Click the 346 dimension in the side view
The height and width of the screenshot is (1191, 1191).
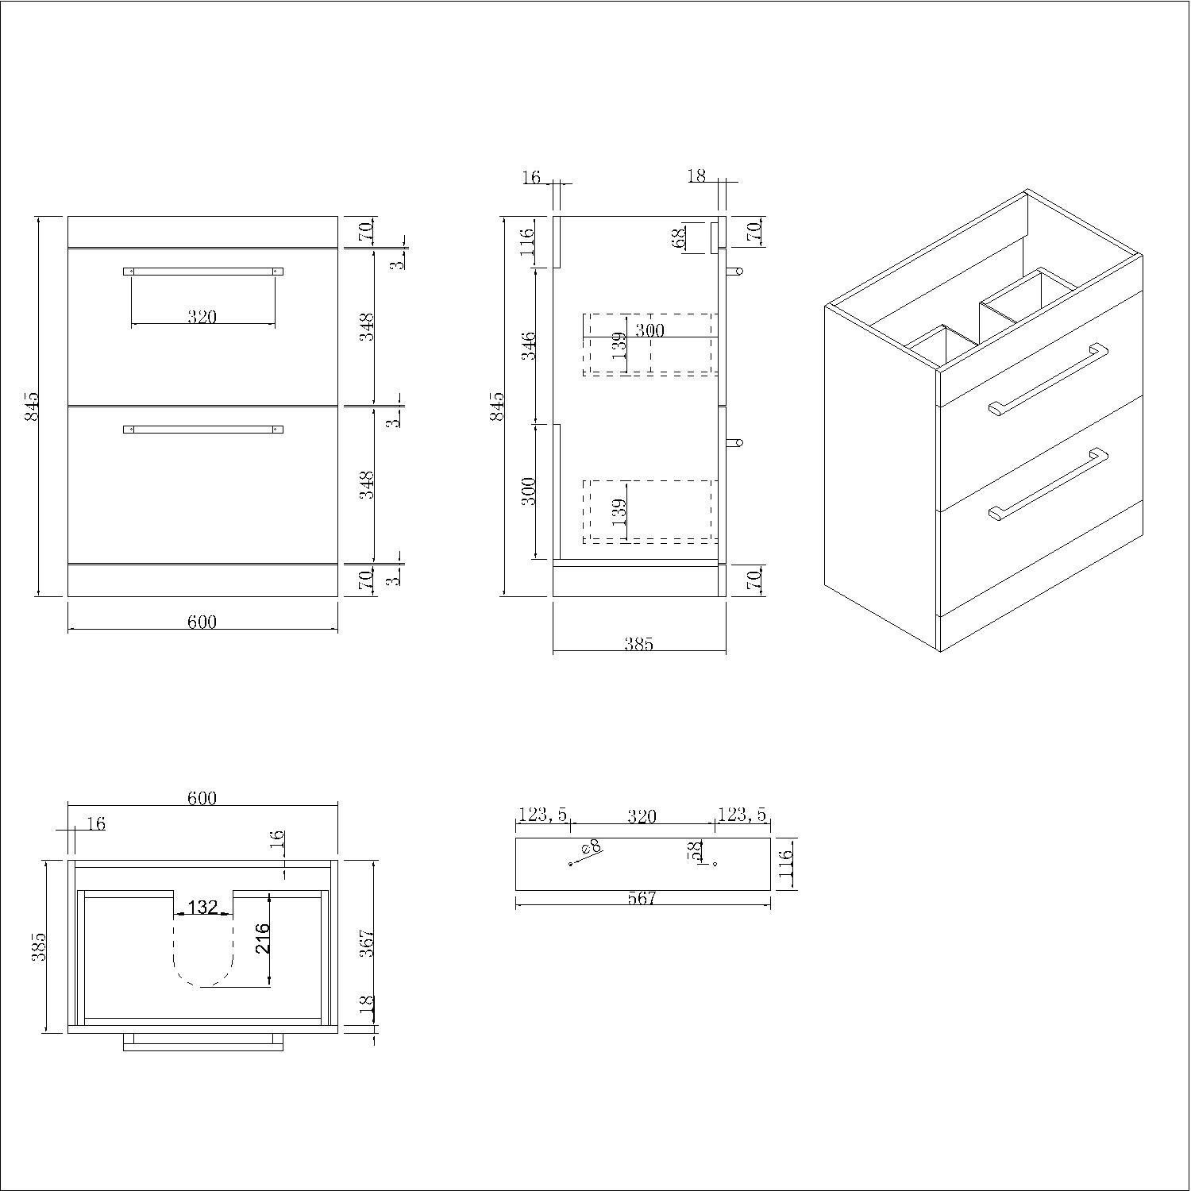530,346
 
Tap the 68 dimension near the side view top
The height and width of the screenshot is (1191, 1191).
679,238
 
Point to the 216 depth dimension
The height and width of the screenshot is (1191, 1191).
264,938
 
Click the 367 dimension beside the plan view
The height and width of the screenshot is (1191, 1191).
366,942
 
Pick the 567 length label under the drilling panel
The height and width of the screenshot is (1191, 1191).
642,898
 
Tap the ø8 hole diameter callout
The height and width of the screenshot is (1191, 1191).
590,849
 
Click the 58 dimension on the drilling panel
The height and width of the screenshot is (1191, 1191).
696,850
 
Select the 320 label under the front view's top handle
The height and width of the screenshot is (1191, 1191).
202,317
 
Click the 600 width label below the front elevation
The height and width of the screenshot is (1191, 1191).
202,621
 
